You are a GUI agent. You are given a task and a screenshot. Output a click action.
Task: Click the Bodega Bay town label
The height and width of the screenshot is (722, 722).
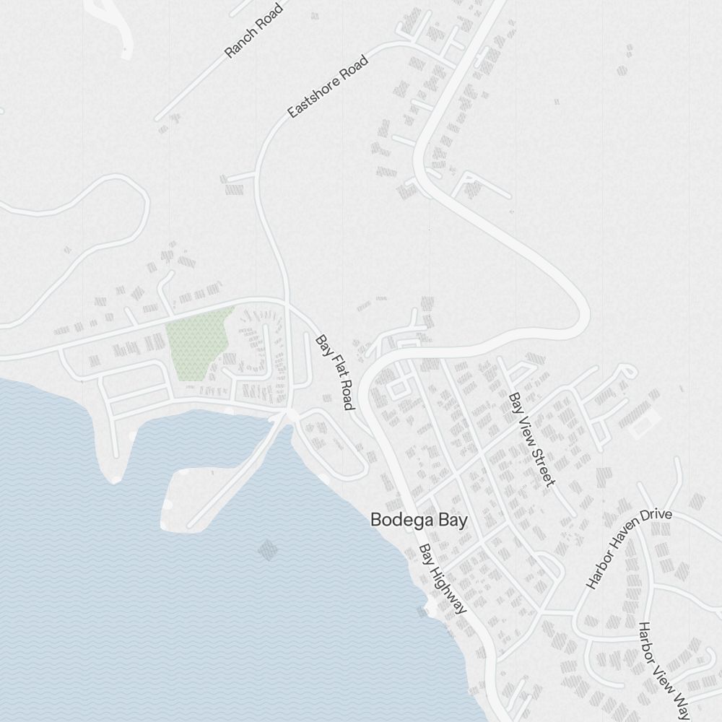point(419,520)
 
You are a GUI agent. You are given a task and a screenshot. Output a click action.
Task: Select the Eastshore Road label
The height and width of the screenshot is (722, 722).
point(328,87)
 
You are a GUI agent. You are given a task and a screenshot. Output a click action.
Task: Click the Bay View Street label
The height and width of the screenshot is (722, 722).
point(531,439)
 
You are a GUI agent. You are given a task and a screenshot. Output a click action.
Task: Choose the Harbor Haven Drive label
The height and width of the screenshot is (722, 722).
point(628,549)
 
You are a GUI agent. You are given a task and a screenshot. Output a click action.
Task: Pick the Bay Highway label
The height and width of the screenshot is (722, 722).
point(443,579)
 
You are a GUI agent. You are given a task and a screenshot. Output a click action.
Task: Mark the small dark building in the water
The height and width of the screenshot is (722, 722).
point(268,550)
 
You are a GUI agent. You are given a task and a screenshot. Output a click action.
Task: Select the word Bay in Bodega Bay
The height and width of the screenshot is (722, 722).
point(453,520)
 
